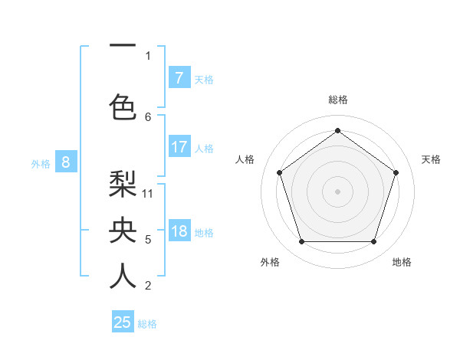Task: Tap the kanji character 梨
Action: [123, 185]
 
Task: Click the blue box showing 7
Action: [179, 78]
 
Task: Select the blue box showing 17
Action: [179, 147]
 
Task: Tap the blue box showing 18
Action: [179, 231]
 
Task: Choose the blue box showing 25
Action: [123, 322]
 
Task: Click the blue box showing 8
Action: [66, 162]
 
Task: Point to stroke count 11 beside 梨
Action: [148, 193]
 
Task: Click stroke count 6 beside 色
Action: [148, 116]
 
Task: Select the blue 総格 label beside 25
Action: [147, 324]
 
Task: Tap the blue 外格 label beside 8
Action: [40, 163]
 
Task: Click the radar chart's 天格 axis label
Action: [431, 159]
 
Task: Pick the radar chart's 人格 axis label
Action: [245, 159]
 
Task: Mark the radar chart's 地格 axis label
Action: [402, 262]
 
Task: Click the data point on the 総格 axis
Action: [337, 130]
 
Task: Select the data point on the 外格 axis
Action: [301, 242]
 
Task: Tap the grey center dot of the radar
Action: [337, 191]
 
